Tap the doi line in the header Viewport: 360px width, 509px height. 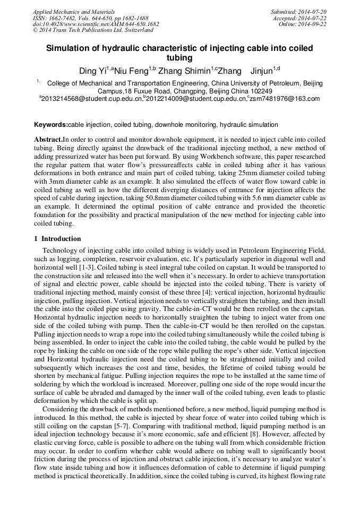click(x=96, y=24)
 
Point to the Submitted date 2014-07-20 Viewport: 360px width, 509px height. click(x=314, y=11)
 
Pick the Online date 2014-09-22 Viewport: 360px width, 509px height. click(x=316, y=24)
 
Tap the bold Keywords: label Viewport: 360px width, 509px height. click(x=51, y=125)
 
